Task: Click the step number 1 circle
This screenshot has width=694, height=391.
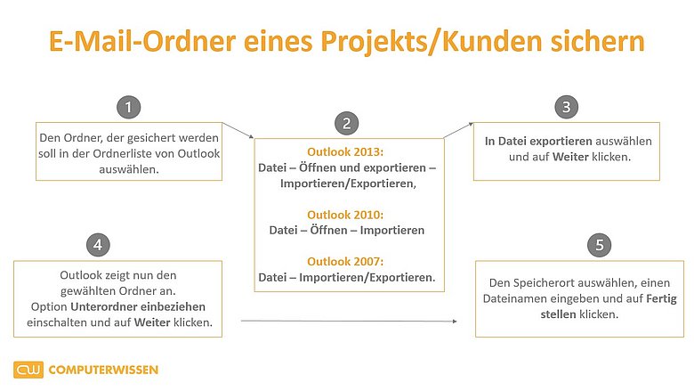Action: pyautogui.click(x=128, y=107)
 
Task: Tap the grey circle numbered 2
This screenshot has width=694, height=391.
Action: pyautogui.click(x=347, y=123)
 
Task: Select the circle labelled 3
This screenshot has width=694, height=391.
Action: pyautogui.click(x=566, y=107)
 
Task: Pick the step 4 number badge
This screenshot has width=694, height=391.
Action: pyautogui.click(x=98, y=245)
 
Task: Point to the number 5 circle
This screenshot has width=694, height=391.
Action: pyautogui.click(x=600, y=245)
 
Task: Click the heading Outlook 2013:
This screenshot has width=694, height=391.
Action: pyautogui.click(x=345, y=152)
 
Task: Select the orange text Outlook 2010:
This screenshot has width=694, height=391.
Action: pyautogui.click(x=345, y=215)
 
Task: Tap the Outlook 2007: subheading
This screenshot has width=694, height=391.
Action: pyautogui.click(x=345, y=261)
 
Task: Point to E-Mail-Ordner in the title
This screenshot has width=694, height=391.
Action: pyautogui.click(x=142, y=41)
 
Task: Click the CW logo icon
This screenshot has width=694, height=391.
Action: pyautogui.click(x=28, y=370)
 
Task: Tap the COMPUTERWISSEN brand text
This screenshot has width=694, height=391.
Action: pyautogui.click(x=103, y=370)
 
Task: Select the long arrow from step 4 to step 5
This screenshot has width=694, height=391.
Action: pyautogui.click(x=349, y=321)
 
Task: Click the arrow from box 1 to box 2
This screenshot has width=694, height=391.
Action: pyautogui.click(x=238, y=131)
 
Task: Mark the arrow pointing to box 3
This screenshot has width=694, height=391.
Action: pyautogui.click(x=458, y=130)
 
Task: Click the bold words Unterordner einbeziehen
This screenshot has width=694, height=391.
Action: pyautogui.click(x=138, y=307)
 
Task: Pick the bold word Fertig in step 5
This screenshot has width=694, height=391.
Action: pyautogui.click(x=661, y=298)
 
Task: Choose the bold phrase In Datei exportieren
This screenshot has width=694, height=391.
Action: pyautogui.click(x=538, y=142)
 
